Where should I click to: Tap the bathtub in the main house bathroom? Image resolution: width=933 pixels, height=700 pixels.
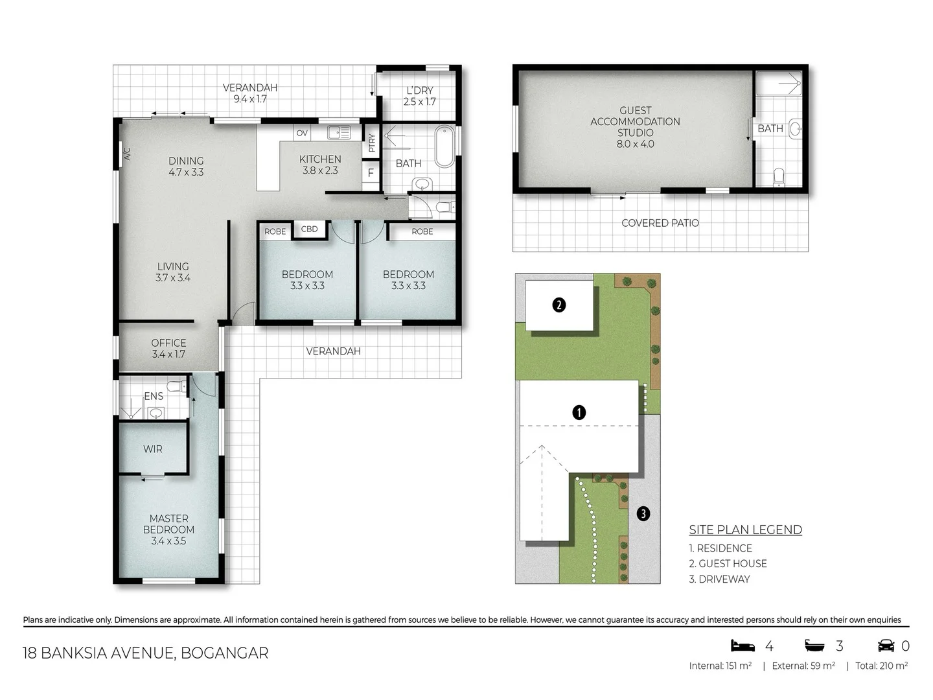pyautogui.click(x=445, y=148)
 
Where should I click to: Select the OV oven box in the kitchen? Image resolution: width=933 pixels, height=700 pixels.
pyautogui.click(x=302, y=133)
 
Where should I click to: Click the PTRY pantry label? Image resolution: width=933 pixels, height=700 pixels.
pyautogui.click(x=371, y=143)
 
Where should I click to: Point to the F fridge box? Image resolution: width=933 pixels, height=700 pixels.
pyautogui.click(x=371, y=173)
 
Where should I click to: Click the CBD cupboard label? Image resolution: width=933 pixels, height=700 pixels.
pyautogui.click(x=310, y=229)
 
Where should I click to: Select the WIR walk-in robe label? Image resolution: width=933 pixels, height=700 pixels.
pyautogui.click(x=153, y=449)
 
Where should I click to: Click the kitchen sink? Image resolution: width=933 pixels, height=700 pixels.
pyautogui.click(x=339, y=133)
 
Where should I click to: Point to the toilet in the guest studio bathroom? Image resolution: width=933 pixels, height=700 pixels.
pyautogui.click(x=779, y=176)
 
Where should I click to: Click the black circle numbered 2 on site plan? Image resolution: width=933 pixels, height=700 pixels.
pyautogui.click(x=559, y=305)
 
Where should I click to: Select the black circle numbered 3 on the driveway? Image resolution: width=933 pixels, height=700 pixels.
pyautogui.click(x=643, y=513)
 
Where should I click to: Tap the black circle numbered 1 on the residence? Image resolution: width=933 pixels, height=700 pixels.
pyautogui.click(x=579, y=412)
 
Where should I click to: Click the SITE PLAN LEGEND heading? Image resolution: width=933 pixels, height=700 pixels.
pyautogui.click(x=745, y=530)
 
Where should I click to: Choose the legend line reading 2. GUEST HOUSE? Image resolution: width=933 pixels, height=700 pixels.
pyautogui.click(x=728, y=563)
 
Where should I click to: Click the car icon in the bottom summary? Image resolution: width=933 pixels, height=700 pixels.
pyautogui.click(x=886, y=646)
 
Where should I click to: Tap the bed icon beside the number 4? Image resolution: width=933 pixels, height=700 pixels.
pyautogui.click(x=743, y=646)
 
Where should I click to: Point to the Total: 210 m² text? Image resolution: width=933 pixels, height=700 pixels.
pyautogui.click(x=881, y=666)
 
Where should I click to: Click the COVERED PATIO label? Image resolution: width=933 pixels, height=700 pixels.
pyautogui.click(x=660, y=223)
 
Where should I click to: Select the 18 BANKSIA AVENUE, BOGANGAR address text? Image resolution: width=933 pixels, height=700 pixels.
pyautogui.click(x=145, y=653)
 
